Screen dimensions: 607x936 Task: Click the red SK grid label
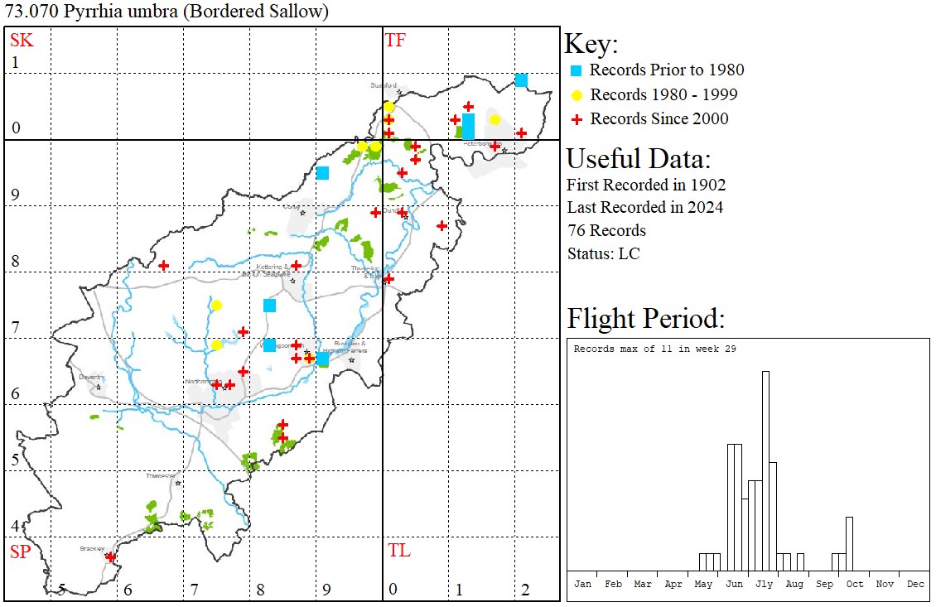pos(19,40)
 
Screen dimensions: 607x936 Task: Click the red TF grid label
pos(395,40)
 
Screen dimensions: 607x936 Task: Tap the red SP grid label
pos(19,552)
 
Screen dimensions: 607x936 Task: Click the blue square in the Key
pos(577,70)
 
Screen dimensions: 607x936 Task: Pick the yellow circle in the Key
pos(577,94)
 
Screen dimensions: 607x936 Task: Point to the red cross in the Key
pos(577,119)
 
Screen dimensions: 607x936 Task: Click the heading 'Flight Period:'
pos(645,319)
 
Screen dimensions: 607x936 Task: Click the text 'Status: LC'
pos(603,253)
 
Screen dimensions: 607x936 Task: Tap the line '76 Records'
pos(606,230)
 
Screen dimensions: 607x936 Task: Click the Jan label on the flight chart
pos(583,584)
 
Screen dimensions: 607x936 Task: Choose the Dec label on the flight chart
pos(915,584)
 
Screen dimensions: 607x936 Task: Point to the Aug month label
pos(794,584)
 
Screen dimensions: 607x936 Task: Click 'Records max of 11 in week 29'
pos(654,349)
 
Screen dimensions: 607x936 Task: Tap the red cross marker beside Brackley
pos(110,557)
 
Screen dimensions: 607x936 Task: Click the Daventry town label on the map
pos(90,377)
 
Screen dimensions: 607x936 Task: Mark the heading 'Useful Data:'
pos(638,159)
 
